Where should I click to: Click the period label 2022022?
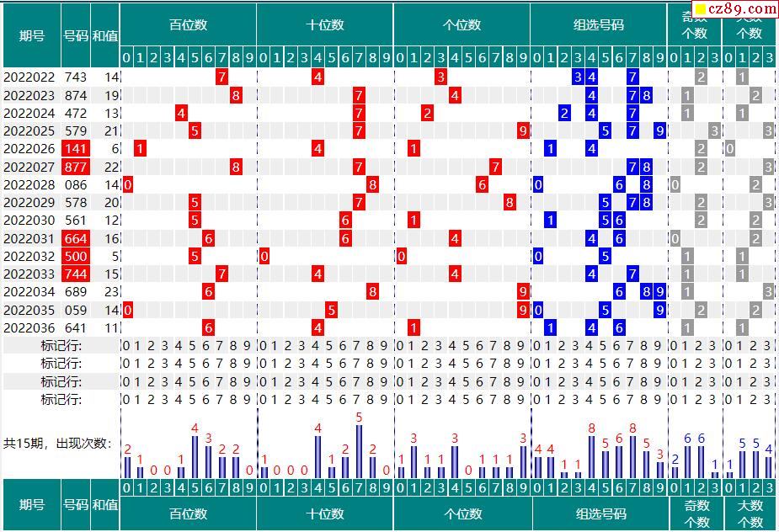(29, 77)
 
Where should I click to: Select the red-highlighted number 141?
(75, 148)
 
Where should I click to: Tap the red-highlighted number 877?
(75, 167)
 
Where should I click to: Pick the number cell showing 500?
(75, 256)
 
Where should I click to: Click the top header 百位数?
(188, 24)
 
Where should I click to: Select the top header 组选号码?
(599, 24)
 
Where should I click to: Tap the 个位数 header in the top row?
(462, 24)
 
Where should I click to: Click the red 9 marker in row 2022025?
(523, 130)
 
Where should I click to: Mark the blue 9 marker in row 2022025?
(659, 130)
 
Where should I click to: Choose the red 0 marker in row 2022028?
(128, 184)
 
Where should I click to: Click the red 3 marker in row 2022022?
(440, 77)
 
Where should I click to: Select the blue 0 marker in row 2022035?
(537, 310)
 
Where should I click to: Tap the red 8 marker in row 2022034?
(372, 291)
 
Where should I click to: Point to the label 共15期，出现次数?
(57, 443)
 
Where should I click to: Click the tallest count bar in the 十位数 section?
(359, 451)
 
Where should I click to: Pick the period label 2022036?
(29, 327)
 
